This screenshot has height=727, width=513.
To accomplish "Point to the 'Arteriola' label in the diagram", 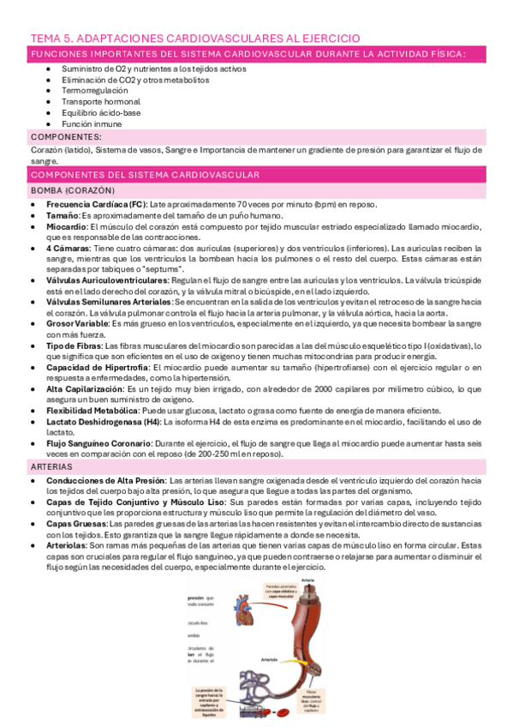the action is pyautogui.click(x=268, y=660).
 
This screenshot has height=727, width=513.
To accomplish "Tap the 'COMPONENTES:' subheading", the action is pyautogui.click(x=65, y=136).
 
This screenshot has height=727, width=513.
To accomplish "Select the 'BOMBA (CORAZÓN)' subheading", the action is pyautogui.click(x=73, y=189).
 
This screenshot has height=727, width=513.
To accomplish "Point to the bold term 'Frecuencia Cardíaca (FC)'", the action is pyautogui.click(x=95, y=204).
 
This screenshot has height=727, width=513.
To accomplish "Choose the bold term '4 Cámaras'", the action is pyautogui.click(x=69, y=248).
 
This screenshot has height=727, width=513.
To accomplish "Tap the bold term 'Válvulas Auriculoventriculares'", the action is pyautogui.click(x=107, y=280).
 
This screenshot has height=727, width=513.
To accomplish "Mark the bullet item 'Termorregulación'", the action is pyautogui.click(x=95, y=90).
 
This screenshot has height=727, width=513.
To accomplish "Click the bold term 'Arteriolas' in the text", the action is pyautogui.click(x=66, y=544).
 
